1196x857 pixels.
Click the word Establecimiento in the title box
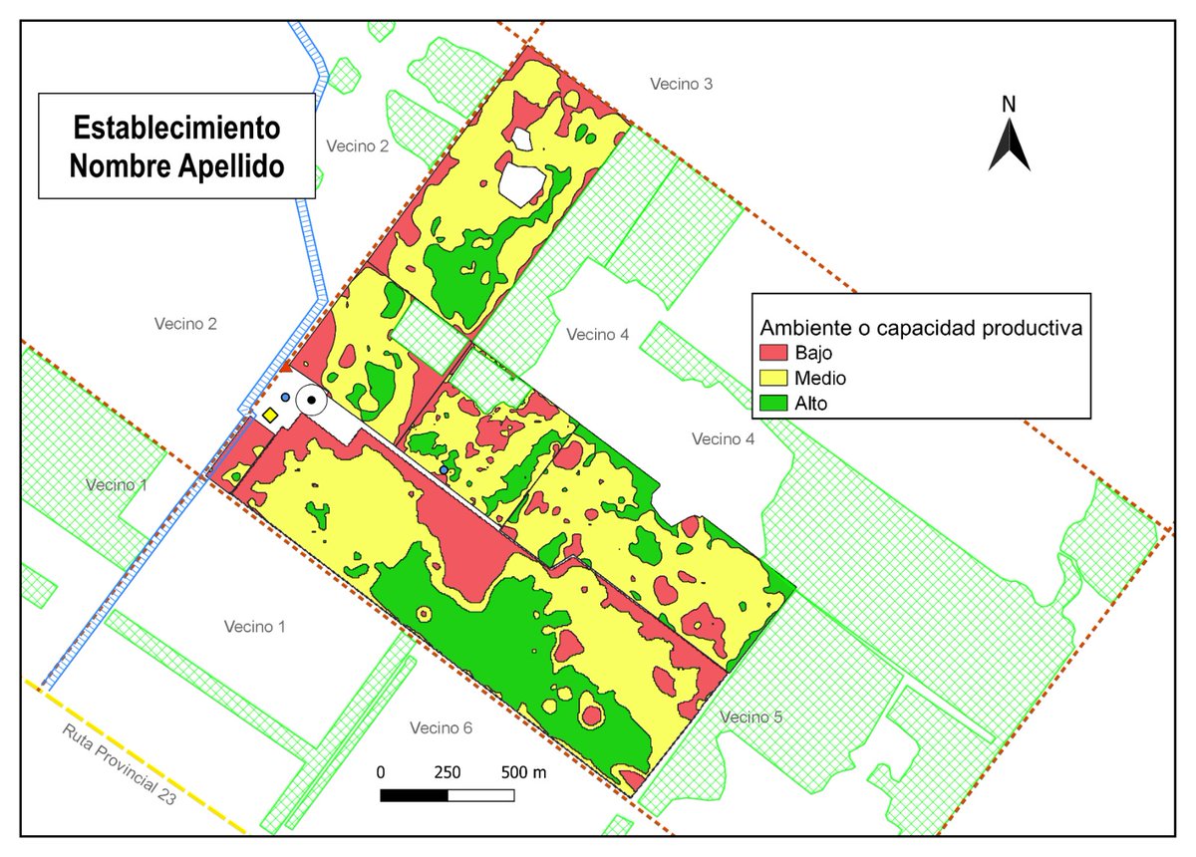point(176,129)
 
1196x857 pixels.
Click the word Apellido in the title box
point(234,165)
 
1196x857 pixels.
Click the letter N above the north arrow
point(1009,104)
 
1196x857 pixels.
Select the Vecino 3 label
point(681,84)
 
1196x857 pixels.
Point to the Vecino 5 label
point(750,716)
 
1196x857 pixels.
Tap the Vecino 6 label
point(441,728)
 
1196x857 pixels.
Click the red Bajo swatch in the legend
point(773,353)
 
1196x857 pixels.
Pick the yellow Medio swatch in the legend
point(773,378)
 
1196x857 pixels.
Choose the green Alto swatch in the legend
point(773,404)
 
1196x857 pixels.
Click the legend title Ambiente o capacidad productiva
point(921,327)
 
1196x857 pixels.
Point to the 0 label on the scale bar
point(381,772)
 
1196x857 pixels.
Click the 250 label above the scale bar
point(448,772)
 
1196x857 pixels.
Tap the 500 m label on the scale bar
point(523,772)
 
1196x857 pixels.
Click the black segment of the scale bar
point(415,795)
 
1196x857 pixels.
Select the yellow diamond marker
point(270,414)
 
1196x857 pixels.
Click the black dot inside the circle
point(312,401)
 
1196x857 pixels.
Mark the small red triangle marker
point(284,369)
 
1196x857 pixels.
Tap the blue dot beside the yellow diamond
point(286,398)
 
